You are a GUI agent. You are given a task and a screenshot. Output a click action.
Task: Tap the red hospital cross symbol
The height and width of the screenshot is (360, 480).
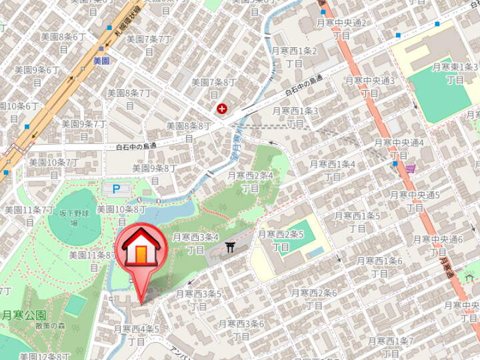tap(221, 109)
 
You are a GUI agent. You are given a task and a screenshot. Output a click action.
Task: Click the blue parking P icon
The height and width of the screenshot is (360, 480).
tap(116, 189)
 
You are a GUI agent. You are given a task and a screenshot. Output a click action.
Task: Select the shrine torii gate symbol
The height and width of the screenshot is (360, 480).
tap(231, 247)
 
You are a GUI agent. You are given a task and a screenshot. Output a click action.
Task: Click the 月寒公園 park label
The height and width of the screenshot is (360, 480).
tap(23, 315)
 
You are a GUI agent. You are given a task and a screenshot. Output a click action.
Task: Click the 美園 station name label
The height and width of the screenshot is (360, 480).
tap(101, 61)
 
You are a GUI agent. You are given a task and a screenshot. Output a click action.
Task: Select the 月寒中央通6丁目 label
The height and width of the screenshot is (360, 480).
tap(438, 246)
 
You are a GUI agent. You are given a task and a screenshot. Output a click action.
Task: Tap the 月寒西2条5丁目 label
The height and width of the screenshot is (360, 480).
tap(281, 241)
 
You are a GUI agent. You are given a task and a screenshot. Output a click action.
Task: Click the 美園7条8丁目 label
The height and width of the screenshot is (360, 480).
tap(214, 89)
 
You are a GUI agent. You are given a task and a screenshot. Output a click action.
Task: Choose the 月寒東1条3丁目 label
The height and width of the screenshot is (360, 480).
tap(455, 73)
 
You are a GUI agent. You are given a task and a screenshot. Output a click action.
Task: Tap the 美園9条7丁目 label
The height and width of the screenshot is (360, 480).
tap(84, 130)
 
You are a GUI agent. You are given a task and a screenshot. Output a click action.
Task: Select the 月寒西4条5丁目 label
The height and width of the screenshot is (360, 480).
tap(137, 335)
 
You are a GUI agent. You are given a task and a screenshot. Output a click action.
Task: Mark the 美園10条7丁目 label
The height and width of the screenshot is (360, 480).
tap(54, 169)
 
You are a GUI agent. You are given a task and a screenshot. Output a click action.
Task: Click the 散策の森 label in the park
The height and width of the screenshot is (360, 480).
tap(52, 325)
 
